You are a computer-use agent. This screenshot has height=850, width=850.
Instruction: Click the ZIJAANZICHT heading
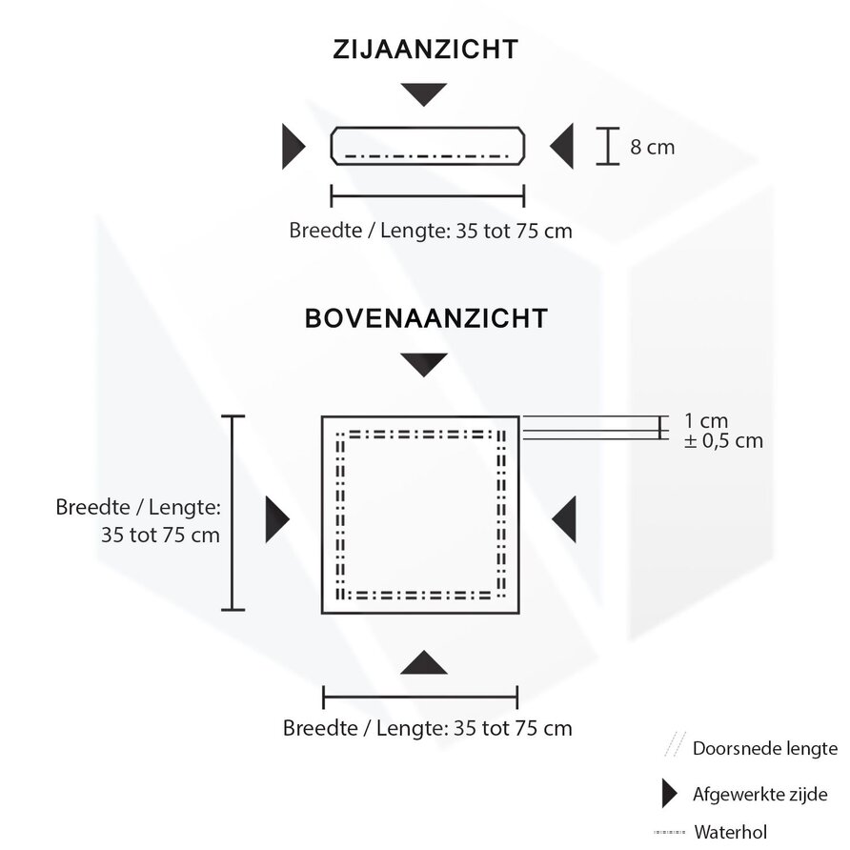[x=425, y=51]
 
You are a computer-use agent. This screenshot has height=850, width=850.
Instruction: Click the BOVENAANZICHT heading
[x=426, y=318]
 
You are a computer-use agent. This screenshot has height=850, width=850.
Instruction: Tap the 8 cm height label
[x=652, y=148]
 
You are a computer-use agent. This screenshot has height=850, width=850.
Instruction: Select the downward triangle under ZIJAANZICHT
[x=424, y=93]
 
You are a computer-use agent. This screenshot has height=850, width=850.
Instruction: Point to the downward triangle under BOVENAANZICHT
[x=424, y=363]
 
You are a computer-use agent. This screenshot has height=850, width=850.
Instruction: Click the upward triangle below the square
[x=424, y=663]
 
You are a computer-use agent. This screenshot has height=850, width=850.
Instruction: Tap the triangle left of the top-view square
[x=276, y=519]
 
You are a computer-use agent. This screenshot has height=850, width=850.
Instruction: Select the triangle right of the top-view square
[x=565, y=519]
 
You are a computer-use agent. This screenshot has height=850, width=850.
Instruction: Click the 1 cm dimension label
[x=706, y=420]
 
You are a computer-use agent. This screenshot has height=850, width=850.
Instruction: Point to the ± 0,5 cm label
[x=723, y=441]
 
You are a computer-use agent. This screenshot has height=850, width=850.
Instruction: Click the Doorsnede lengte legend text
[x=765, y=748]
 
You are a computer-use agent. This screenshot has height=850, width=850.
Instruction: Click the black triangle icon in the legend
[x=670, y=794]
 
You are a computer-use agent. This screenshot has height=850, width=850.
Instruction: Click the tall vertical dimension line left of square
[x=233, y=513]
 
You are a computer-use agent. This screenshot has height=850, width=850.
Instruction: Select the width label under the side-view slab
[x=431, y=232]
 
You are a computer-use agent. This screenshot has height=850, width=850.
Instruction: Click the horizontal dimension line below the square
[x=420, y=697]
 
